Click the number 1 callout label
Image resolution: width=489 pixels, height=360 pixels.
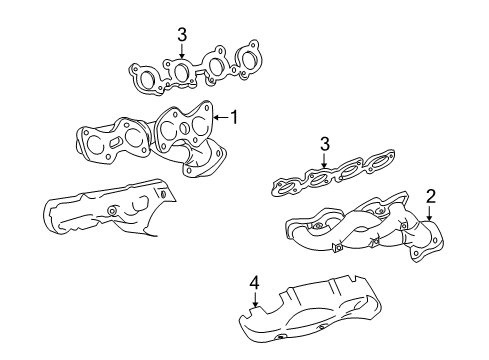click(234, 117)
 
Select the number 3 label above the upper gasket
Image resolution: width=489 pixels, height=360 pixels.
click(182, 35)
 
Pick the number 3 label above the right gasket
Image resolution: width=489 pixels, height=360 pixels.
click(325, 147)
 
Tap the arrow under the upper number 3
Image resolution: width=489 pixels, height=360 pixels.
click(182, 52)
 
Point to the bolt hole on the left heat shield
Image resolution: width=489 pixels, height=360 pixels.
click(112, 211)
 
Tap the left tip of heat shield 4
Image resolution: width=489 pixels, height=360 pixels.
click(240, 322)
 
